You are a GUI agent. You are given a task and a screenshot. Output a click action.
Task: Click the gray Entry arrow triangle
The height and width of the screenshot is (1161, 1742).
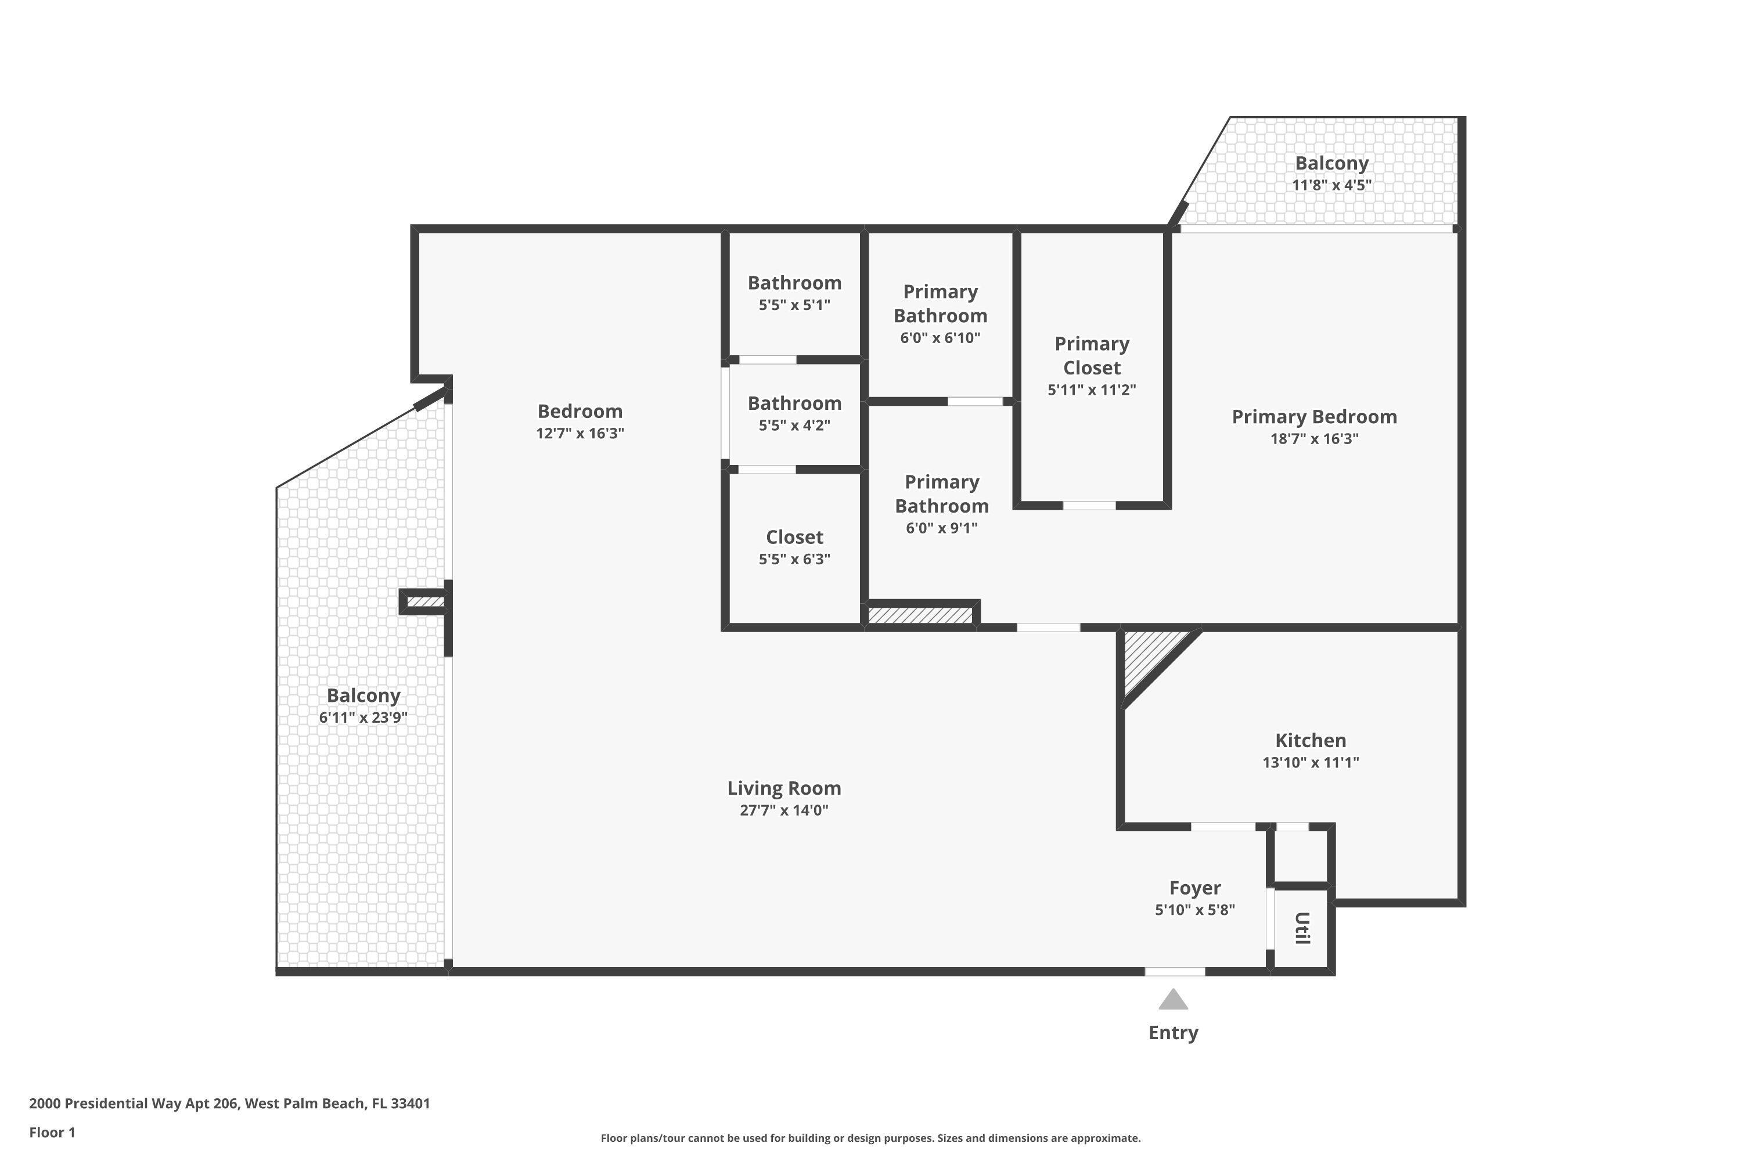pos(1173,1001)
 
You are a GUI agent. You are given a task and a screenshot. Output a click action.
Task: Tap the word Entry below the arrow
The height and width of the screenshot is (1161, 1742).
pos(1173,1033)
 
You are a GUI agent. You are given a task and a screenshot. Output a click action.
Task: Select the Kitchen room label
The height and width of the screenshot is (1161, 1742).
pos(1310,741)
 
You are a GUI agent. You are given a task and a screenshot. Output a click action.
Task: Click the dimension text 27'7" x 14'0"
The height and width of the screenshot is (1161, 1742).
pos(783,810)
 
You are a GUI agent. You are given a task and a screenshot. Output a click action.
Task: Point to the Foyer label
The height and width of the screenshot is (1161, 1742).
pos(1194,888)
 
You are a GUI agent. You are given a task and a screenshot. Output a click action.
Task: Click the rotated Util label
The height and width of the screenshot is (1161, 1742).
pos(1302,928)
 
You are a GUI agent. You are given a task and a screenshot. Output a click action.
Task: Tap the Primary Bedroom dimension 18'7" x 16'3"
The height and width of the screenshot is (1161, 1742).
pos(1314,438)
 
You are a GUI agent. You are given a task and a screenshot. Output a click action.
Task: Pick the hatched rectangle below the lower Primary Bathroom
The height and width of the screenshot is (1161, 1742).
pos(920,615)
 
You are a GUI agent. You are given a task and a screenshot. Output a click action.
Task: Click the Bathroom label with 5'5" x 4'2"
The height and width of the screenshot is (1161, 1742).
pos(794,403)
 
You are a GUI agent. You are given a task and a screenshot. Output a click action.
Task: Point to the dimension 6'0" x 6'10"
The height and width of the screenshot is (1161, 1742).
pos(940,338)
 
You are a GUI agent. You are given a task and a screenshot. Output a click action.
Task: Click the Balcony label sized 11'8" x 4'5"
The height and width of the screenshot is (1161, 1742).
pos(1331,163)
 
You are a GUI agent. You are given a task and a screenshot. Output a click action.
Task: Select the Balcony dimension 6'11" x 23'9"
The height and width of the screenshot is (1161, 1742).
pos(363,717)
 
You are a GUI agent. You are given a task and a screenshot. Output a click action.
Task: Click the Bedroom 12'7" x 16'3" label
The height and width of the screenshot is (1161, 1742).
pos(580,412)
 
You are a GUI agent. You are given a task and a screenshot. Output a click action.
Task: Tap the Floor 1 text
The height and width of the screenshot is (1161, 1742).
pos(52,1132)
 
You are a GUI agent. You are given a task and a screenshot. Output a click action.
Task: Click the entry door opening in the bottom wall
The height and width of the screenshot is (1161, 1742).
pos(1175,971)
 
